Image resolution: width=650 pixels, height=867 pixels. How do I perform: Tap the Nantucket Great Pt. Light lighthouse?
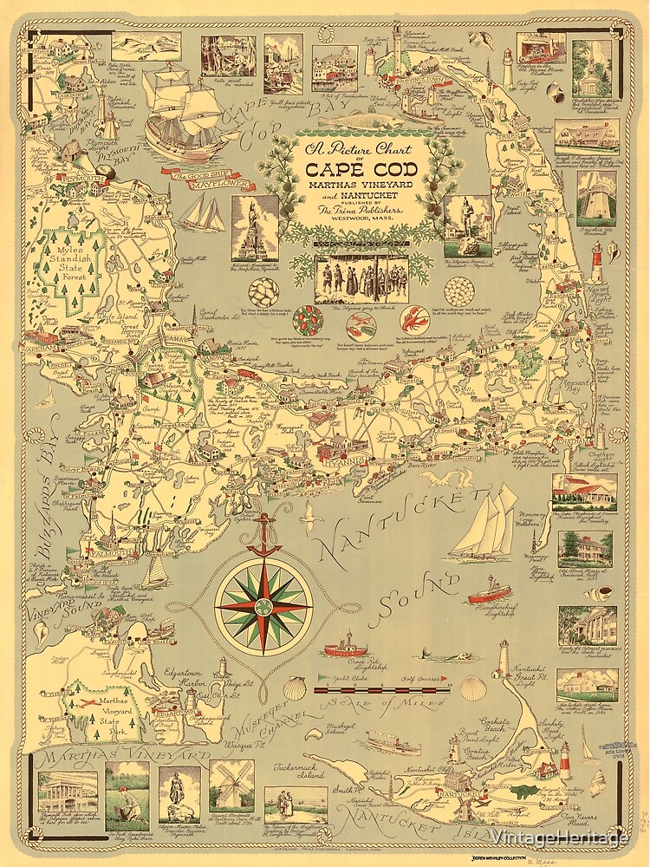(503, 659)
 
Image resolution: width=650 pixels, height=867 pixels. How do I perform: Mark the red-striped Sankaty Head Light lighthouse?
(564, 760)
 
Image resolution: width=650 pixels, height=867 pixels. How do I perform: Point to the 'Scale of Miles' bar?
(381, 691)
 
